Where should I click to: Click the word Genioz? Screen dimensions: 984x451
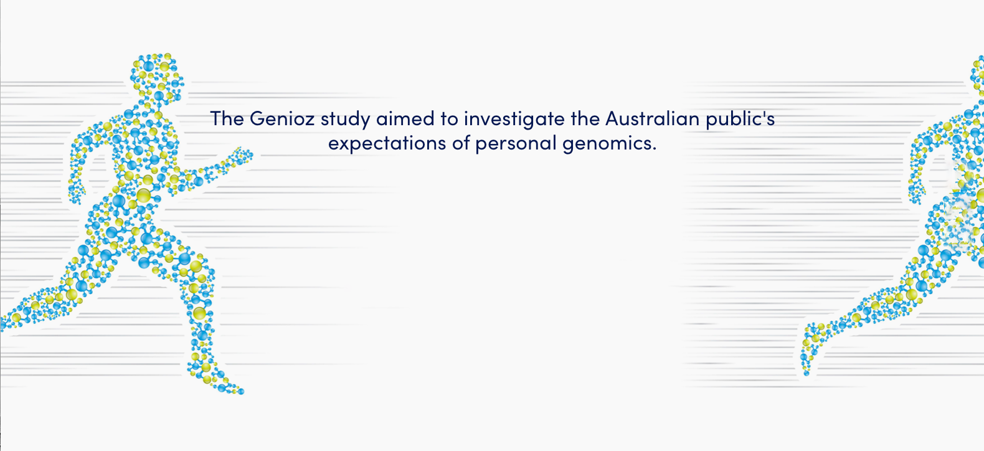pyautogui.click(x=282, y=119)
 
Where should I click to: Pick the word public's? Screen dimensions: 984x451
pyautogui.click(x=740, y=120)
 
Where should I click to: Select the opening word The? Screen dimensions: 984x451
pyautogui.click(x=227, y=118)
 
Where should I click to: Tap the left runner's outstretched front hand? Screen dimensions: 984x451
pyautogui.click(x=242, y=156)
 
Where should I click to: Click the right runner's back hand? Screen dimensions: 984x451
pyautogui.click(x=916, y=192)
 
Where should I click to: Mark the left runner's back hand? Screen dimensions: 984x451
pyautogui.click(x=77, y=192)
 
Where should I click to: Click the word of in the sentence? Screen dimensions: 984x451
pyautogui.click(x=461, y=143)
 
